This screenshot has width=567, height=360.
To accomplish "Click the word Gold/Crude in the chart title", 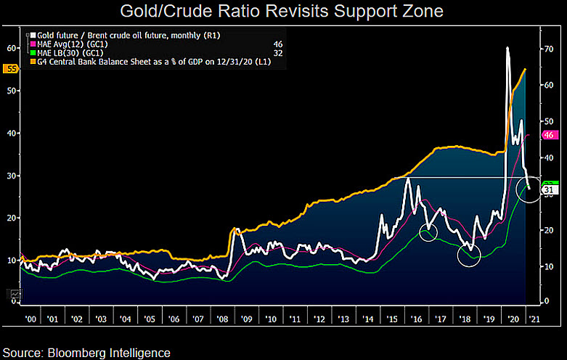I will tap(160, 12).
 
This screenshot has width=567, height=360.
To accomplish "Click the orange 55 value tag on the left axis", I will tap(11, 69).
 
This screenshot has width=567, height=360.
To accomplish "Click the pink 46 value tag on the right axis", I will tap(549, 135).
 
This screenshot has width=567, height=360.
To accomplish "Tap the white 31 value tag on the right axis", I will tap(549, 189).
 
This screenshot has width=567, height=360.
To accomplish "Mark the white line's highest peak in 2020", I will tap(507, 48).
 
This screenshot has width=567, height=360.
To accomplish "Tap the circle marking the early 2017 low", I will tap(429, 232).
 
